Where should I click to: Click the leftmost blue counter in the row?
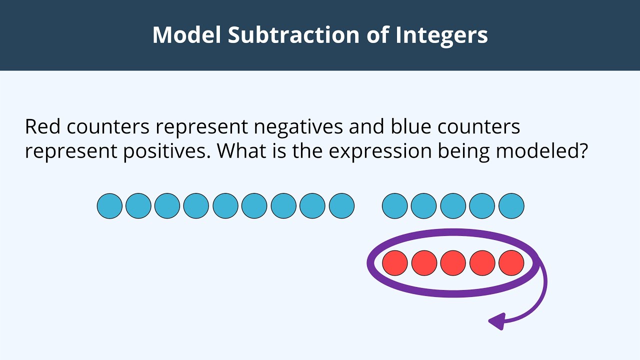pyautogui.click(x=109, y=206)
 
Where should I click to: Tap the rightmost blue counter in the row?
pyautogui.click(x=511, y=206)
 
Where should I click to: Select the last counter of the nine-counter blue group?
pyautogui.click(x=341, y=206)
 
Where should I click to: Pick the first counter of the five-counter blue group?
pyautogui.click(x=395, y=206)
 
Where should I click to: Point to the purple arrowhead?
pyautogui.click(x=496, y=321)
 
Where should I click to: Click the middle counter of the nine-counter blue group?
pyautogui.click(x=225, y=206)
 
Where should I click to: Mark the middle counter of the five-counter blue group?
pyautogui.click(x=453, y=206)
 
